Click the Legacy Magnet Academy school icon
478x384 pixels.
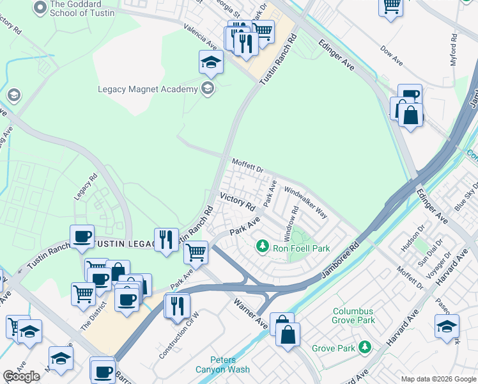click(x=207, y=89)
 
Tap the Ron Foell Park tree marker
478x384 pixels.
click(x=262, y=246)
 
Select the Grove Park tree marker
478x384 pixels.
click(x=365, y=347)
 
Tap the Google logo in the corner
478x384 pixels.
click(x=22, y=376)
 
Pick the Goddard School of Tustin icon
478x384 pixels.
click(x=40, y=8)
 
